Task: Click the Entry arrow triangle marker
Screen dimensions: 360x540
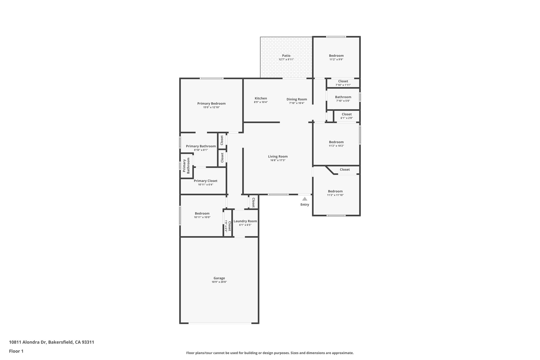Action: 305,199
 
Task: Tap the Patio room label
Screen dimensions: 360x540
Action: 286,56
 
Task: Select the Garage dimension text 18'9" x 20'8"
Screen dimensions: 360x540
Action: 219,282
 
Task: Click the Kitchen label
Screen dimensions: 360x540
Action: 261,98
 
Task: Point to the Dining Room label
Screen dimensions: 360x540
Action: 297,99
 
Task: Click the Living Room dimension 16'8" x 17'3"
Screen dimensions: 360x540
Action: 278,160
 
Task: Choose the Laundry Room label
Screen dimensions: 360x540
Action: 245,221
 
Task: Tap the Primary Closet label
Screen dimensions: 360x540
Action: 205,181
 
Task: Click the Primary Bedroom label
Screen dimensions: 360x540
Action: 211,103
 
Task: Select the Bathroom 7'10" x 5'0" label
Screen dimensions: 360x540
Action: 343,97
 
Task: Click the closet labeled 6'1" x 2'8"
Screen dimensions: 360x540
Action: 346,114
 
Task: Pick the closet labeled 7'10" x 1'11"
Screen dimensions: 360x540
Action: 343,81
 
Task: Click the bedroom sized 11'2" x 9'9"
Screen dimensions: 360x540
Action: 336,56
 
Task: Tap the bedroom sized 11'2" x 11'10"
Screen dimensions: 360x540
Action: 335,191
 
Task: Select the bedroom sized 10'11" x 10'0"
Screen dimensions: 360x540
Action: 202,213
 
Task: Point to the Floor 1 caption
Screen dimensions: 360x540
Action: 16,351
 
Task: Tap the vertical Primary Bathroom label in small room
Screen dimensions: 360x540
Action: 186,166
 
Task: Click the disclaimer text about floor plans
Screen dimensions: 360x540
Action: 270,353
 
